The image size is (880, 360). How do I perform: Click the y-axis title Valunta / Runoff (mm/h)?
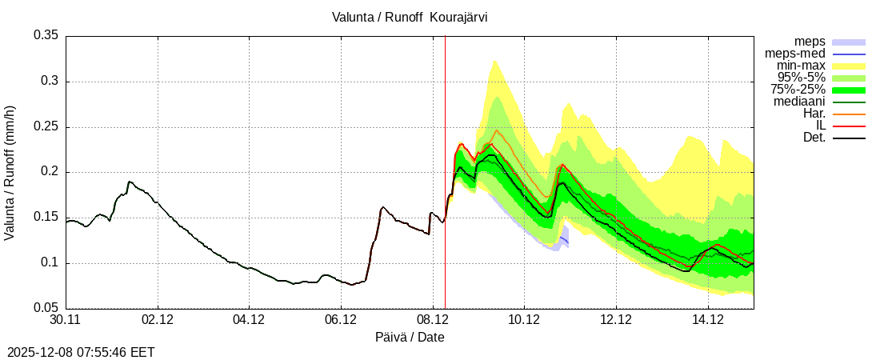pyautogui.click(x=10, y=172)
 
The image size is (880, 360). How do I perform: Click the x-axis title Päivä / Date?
pyautogui.click(x=410, y=338)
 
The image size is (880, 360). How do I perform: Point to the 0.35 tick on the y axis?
pyautogui.click(x=46, y=36)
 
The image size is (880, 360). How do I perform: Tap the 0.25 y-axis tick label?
pyautogui.click(x=46, y=127)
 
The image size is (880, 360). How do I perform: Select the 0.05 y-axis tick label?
pyautogui.click(x=46, y=308)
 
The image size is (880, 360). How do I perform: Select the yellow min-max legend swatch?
pyautogui.click(x=849, y=66)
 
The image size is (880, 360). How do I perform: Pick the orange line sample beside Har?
pyautogui.click(x=849, y=114)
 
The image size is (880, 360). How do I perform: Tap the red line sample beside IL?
pyautogui.click(x=849, y=126)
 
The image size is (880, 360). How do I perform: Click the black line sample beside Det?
pyautogui.click(x=849, y=138)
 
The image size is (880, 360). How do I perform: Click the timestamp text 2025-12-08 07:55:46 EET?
pyautogui.click(x=81, y=352)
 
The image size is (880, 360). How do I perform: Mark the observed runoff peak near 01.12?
pyautogui.click(x=130, y=182)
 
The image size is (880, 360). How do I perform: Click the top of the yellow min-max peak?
pyautogui.click(x=494, y=60)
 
